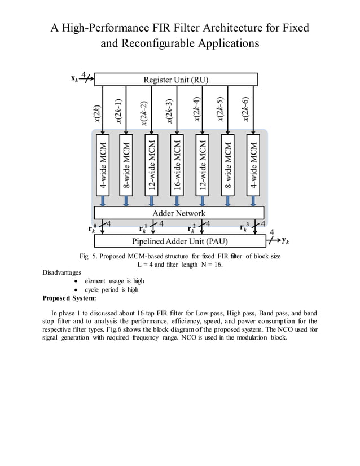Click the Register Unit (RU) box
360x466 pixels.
click(175, 79)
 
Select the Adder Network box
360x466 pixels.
click(179, 213)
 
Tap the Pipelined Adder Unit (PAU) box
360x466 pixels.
click(179, 241)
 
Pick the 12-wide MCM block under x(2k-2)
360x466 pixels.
click(151, 165)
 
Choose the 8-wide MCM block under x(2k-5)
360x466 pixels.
click(227, 165)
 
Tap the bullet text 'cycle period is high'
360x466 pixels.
click(111, 289)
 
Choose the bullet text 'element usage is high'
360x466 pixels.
click(114, 281)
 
